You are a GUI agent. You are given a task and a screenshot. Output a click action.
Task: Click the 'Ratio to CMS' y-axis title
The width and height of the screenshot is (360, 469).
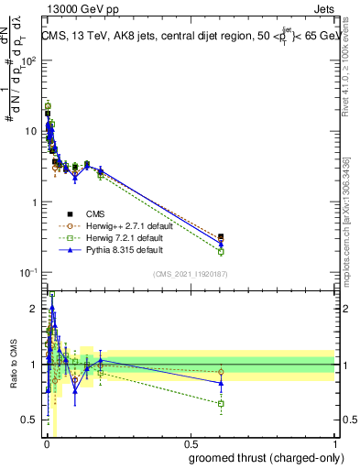pos(13,364)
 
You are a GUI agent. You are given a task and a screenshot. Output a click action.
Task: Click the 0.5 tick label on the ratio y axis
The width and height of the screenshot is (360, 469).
pos(29,420)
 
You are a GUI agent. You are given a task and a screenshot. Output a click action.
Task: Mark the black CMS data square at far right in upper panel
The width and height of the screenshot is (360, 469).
pos(221,237)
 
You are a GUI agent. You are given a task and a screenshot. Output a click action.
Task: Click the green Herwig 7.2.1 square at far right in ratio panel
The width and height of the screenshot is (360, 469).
pos(221,403)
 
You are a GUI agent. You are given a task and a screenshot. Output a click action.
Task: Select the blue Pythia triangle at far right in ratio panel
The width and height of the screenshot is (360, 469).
pos(221,383)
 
